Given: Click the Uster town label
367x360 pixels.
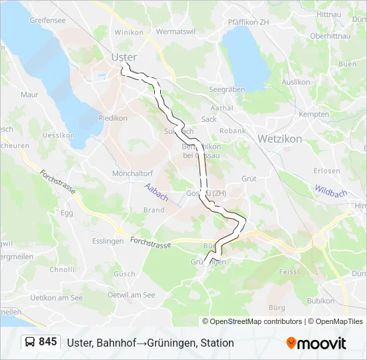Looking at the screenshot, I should coord(124,57).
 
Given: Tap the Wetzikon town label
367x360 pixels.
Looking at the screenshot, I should coord(279,139).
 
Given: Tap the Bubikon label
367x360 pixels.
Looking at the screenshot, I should coord(320,301).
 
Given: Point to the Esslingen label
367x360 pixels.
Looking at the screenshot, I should coord(108,241).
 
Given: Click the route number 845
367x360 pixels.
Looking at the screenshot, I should coord(47,342).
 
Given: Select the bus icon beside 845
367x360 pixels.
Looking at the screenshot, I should coord(30,343).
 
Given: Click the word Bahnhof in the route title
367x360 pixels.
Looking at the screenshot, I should coord(117,343).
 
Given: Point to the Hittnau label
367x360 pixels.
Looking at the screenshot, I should coord(328,14).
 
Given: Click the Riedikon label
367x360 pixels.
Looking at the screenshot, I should coord(113,119).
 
